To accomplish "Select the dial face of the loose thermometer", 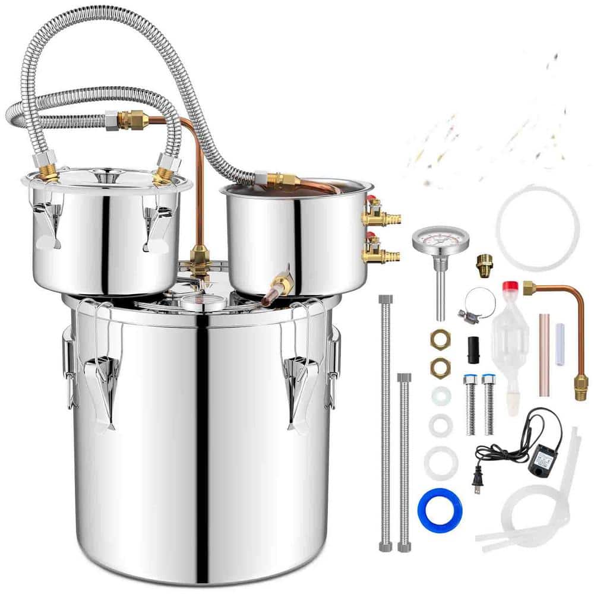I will click(x=440, y=241).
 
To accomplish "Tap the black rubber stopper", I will click(x=473, y=349).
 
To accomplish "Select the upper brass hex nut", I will click(x=440, y=339).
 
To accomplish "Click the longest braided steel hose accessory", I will click(x=386, y=422).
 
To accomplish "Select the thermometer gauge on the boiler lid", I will click(x=203, y=302).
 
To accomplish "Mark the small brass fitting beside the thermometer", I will click(x=484, y=262).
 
